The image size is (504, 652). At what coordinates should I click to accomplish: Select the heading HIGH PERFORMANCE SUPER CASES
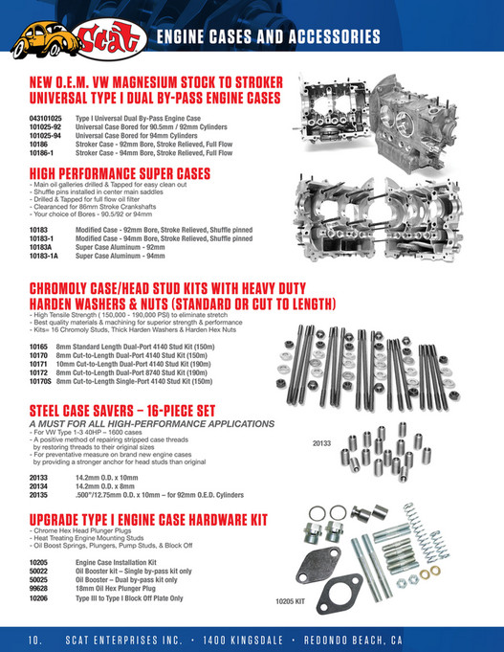pos(120,172)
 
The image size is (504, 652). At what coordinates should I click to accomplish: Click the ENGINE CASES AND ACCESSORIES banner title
pos(268,38)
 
